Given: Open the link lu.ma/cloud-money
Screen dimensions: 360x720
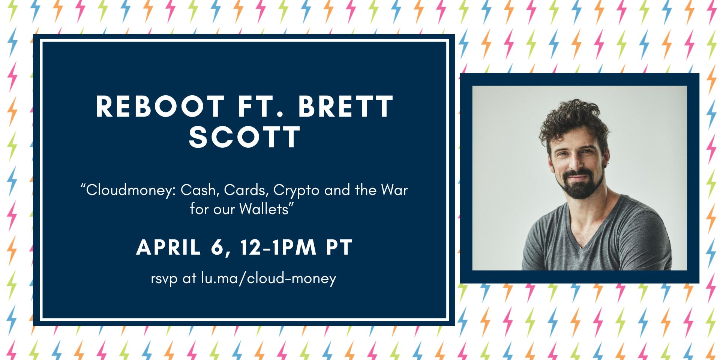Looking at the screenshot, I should pyautogui.click(x=268, y=278).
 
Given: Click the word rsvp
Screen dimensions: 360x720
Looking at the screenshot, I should pyautogui.click(x=164, y=279).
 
